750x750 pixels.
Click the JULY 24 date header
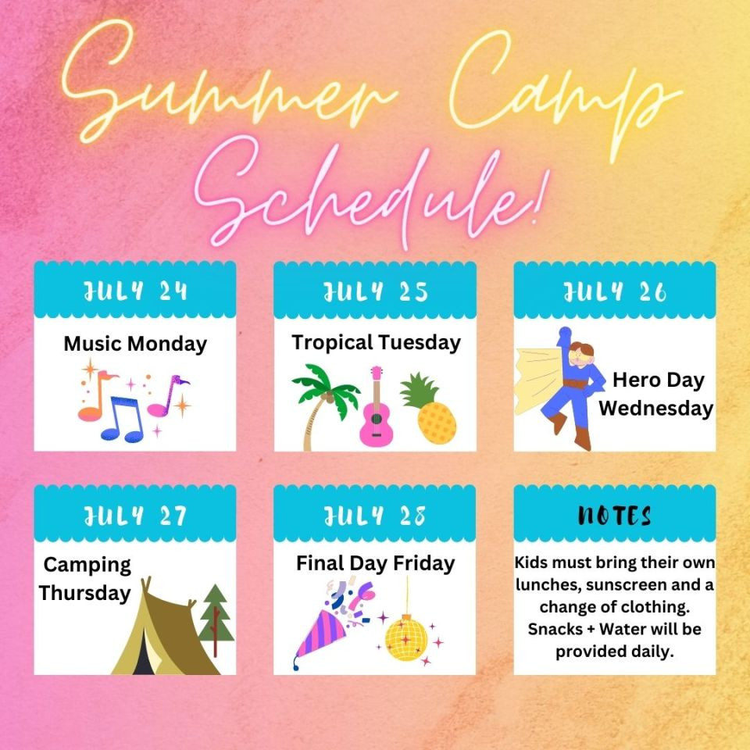coord(135,291)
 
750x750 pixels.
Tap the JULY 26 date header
coord(615,291)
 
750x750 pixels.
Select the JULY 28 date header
coord(374,516)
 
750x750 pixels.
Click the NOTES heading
coord(615,516)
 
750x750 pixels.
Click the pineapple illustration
coord(429,408)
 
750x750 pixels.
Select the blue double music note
coord(123,419)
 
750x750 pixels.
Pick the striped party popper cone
coord(320,634)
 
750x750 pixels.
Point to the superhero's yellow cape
coord(538,381)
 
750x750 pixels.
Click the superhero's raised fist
coord(565,333)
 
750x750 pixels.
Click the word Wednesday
coord(655,409)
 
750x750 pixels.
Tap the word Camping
coord(87,566)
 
